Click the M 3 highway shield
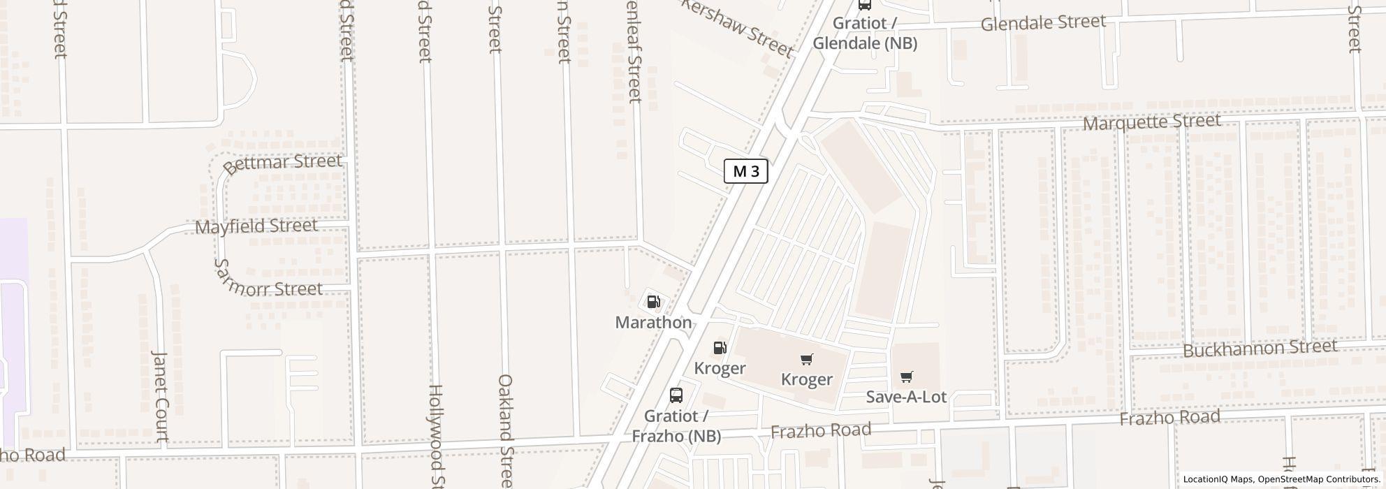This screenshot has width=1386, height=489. point(745,171)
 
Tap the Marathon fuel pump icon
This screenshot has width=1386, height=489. point(654,302)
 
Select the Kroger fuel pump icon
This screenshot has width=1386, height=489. point(720,348)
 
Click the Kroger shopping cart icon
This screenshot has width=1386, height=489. point(807,359)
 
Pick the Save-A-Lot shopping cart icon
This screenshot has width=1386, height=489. point(906,377)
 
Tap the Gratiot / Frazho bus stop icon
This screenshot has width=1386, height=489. point(676,395)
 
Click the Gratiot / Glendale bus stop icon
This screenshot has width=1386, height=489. point(865,4)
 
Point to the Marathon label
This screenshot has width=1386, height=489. point(653,322)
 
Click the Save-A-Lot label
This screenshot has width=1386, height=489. point(906,397)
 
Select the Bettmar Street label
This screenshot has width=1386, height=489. point(283,163)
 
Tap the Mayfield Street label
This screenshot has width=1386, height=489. point(256,226)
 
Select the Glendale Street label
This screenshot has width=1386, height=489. point(1043,23)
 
